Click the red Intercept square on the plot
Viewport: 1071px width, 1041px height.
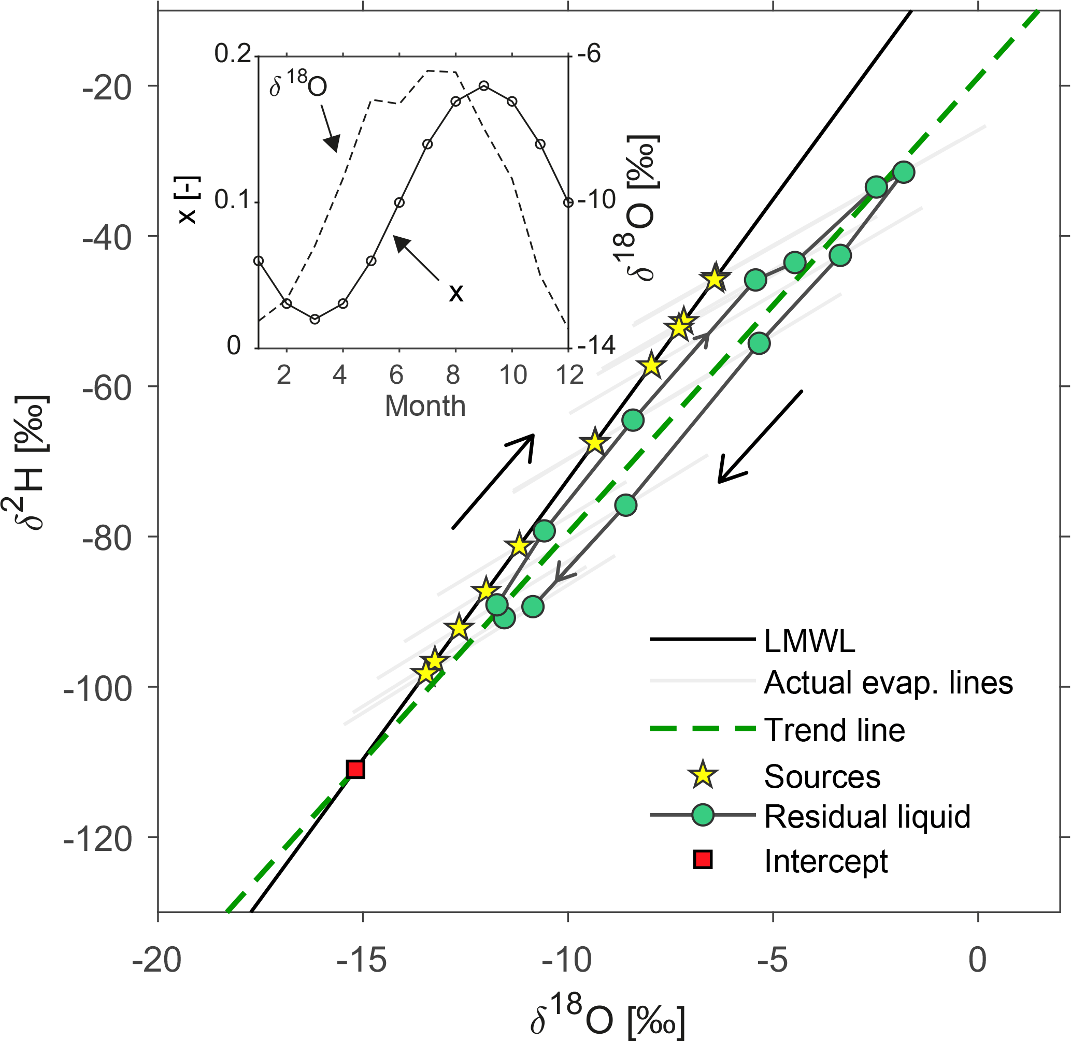(x=355, y=769)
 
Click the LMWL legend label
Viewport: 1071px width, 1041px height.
(x=809, y=640)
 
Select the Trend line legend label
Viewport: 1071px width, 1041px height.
(x=834, y=730)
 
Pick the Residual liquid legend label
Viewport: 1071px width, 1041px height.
(x=867, y=816)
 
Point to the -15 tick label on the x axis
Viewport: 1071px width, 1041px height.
(x=362, y=960)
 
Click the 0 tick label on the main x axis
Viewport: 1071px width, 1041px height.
(x=977, y=960)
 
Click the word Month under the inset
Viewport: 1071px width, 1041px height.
(x=425, y=406)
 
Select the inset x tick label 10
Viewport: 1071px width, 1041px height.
(x=513, y=375)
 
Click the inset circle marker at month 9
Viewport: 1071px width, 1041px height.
(x=483, y=86)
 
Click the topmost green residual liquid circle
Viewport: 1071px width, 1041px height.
(x=904, y=172)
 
